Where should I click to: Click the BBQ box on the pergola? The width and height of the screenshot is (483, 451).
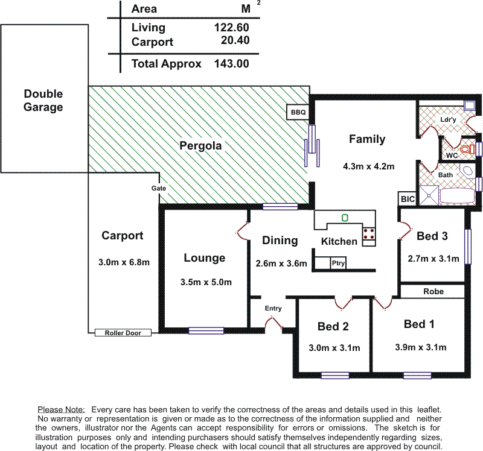(x=298, y=112)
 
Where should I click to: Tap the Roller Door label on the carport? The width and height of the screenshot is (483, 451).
(x=123, y=333)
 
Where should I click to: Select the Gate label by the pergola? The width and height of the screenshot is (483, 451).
(x=159, y=188)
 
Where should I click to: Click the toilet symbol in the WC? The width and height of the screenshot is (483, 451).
(x=467, y=150)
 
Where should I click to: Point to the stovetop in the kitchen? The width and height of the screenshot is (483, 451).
(x=369, y=233)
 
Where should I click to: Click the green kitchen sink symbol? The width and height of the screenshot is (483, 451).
(x=345, y=218)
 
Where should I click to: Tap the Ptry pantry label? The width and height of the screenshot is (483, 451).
(x=338, y=263)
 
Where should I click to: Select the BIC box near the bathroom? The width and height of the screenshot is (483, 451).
(x=407, y=199)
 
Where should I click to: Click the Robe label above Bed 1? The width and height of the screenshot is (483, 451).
(x=433, y=291)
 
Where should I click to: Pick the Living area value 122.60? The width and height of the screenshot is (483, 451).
(x=232, y=27)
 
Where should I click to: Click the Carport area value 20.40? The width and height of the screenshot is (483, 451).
(x=235, y=40)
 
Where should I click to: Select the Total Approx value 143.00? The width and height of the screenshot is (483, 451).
(x=232, y=64)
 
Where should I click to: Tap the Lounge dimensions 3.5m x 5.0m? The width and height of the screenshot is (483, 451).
(x=206, y=282)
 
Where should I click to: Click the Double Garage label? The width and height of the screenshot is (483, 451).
(x=43, y=100)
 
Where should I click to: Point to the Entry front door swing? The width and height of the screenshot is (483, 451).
(x=273, y=323)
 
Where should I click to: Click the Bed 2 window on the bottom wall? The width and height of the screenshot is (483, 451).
(x=335, y=376)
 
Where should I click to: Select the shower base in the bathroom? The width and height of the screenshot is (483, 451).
(x=429, y=195)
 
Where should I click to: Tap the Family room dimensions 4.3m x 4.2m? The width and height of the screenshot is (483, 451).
(x=369, y=166)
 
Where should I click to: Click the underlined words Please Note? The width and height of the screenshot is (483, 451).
(x=61, y=410)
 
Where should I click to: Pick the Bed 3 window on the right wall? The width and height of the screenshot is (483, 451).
(x=468, y=247)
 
